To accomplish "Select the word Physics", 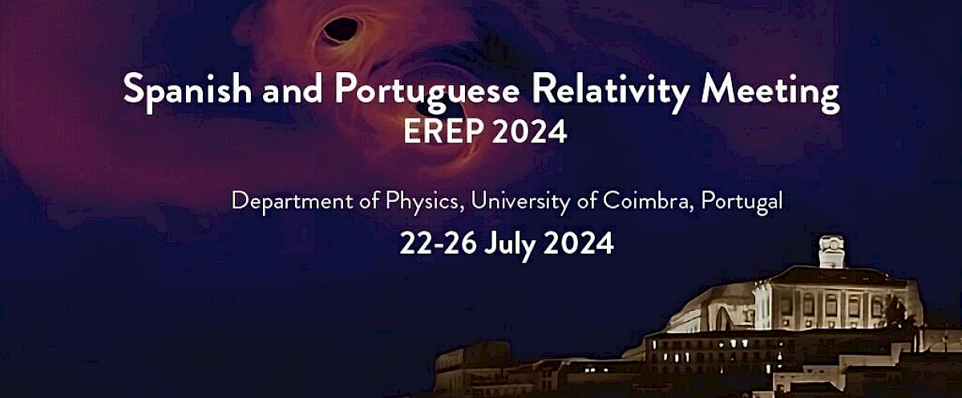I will (x=421, y=202).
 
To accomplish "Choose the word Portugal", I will (x=742, y=202).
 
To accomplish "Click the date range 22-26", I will (x=437, y=243).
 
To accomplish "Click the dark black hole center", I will (x=340, y=30).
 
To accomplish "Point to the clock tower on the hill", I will (x=831, y=251).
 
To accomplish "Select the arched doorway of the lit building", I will (x=722, y=319).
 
